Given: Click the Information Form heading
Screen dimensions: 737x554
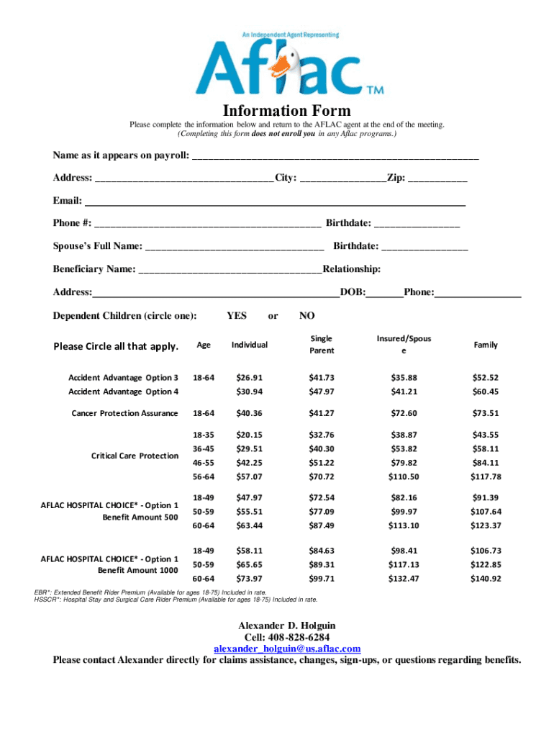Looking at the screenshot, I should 286,111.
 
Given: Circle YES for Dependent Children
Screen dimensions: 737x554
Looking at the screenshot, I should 236,316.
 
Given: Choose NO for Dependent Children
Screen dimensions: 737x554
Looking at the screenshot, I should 306,316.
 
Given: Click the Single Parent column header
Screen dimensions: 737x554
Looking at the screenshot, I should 321,345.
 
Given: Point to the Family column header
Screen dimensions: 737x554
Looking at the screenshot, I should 485,345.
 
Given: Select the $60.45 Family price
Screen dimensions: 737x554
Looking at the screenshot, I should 485,392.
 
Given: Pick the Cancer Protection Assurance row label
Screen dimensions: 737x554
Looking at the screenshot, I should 124,413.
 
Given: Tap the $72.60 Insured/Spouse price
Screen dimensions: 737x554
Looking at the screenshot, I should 404,413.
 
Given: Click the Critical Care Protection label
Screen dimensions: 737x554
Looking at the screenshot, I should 135,456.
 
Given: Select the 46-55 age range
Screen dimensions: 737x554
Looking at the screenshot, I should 204,463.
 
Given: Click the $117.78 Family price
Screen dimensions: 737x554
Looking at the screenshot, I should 485,476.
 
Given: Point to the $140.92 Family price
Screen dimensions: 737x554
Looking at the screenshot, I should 485,579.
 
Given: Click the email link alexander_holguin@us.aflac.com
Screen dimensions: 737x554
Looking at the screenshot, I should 286,648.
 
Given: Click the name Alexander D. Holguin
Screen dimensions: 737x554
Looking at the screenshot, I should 286,625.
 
